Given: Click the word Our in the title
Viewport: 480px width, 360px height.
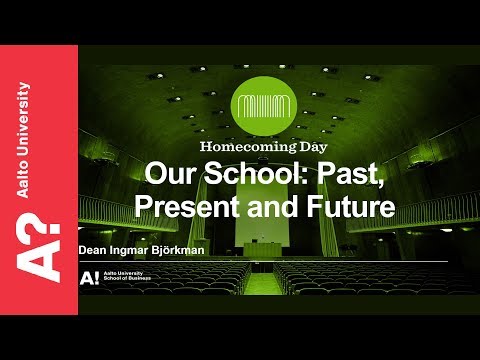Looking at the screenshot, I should [x=165, y=174].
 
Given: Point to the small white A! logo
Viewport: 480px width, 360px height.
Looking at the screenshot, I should [x=89, y=277].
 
